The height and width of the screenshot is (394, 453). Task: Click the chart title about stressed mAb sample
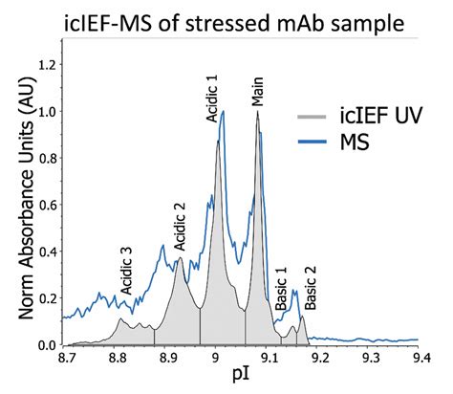tap(226, 18)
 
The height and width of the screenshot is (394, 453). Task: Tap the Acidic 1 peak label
tap(212, 98)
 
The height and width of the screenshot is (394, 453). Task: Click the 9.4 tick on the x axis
tap(421, 358)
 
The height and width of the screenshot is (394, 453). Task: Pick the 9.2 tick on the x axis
tap(320, 358)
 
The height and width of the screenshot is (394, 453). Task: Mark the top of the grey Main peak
tap(257, 113)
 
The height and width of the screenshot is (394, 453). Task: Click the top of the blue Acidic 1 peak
tap(224, 111)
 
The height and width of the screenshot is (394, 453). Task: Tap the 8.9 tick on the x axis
tap(168, 358)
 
